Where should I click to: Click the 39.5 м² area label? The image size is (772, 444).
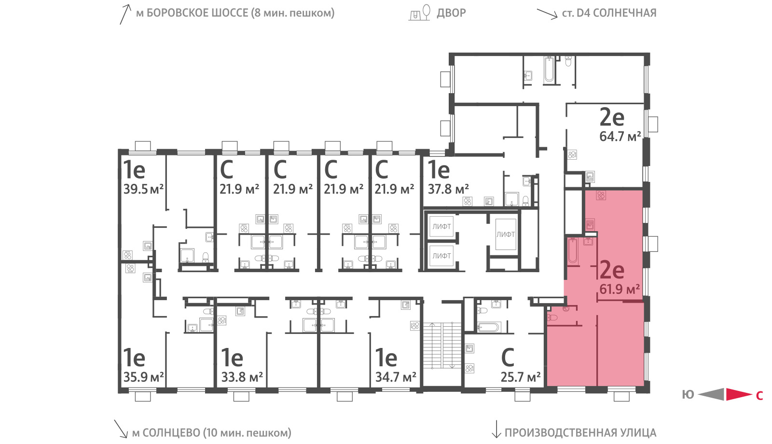(x=143, y=189)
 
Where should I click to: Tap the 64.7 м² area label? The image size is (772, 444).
(x=620, y=137)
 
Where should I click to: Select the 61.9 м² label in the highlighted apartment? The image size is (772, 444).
(x=620, y=289)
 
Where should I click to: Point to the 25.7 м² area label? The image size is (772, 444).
(x=521, y=377)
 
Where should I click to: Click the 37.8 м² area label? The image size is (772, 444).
(x=448, y=189)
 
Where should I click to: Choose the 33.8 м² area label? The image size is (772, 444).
(x=242, y=377)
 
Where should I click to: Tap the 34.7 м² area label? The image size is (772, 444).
(x=396, y=377)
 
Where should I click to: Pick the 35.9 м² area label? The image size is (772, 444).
(x=143, y=377)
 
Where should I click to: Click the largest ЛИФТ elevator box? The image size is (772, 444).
(x=506, y=235)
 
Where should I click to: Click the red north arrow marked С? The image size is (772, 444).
(x=739, y=394)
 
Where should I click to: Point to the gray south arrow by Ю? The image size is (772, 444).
(x=711, y=394)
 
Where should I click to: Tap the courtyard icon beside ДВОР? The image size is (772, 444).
(x=420, y=13)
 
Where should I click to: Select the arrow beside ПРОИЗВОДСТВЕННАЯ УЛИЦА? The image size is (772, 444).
(x=496, y=429)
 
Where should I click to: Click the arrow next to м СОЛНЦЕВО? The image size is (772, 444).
(x=121, y=429)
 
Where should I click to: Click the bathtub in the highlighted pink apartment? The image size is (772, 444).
(x=573, y=251)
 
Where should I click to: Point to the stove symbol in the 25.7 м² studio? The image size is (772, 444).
(x=469, y=368)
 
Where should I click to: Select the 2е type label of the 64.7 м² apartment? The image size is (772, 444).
(x=612, y=117)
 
